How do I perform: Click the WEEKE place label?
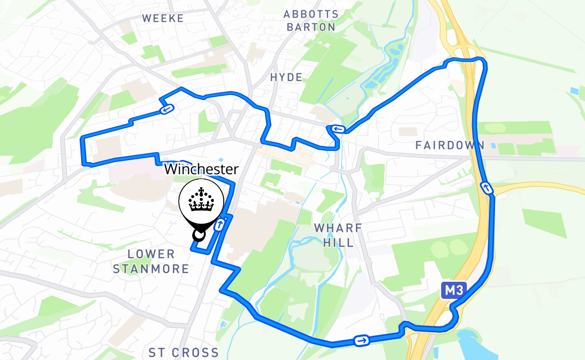point(163,18)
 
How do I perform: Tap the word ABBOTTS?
point(311,14)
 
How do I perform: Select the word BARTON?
point(311,27)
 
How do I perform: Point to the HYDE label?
point(287,77)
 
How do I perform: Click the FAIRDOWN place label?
point(450,145)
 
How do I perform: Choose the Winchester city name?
point(201,170)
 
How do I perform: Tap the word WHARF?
point(338,228)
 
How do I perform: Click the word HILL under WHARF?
point(338,243)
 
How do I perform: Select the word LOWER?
point(151,254)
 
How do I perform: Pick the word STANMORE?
point(151,269)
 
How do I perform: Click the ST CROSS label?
point(184,352)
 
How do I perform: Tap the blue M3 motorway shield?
point(451,291)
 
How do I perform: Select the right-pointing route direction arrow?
point(361,341)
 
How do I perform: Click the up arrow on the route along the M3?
point(487,188)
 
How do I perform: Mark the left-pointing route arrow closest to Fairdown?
point(338,130)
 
